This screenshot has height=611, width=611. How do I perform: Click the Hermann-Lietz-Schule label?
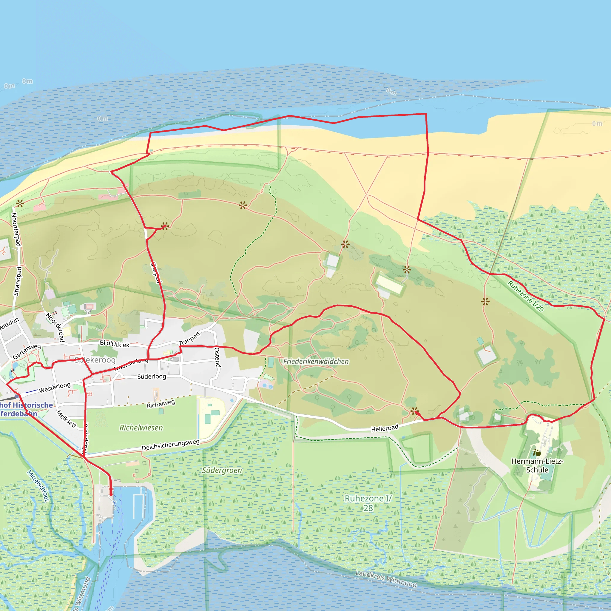pos(537,465)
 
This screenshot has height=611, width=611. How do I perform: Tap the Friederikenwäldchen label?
pos(316,362)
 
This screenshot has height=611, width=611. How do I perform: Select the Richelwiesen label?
pos(141,428)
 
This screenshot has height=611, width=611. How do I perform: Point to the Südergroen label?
pos(222,470)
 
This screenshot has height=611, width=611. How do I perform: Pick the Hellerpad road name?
pos(385,428)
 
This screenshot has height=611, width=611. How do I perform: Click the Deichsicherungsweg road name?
pos(170,445)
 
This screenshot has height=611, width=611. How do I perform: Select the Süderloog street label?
pos(152,376)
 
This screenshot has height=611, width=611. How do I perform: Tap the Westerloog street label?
pos(55,388)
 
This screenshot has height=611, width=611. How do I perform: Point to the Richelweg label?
pos(161,404)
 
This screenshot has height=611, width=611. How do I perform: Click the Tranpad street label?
pos(189,339)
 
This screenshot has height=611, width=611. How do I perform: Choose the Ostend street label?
pos(217,357)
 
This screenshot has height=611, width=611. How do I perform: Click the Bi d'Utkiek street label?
pos(115,344)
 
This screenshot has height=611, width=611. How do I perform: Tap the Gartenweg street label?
pos(27,351)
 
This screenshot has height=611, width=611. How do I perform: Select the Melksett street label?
pos(67,419)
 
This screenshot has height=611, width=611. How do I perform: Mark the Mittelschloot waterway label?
pos(38,486)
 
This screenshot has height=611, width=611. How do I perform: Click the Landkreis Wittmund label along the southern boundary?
pos(386,579)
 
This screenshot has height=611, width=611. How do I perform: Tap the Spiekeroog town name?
pos(95,360)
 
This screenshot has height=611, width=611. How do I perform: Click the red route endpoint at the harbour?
pos(111,494)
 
